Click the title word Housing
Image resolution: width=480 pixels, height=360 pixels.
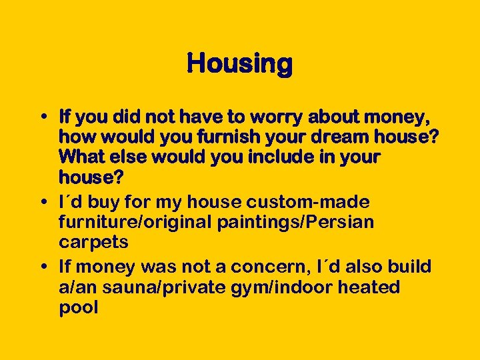pos(239,64)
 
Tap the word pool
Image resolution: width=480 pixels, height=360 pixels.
pos(79,307)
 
